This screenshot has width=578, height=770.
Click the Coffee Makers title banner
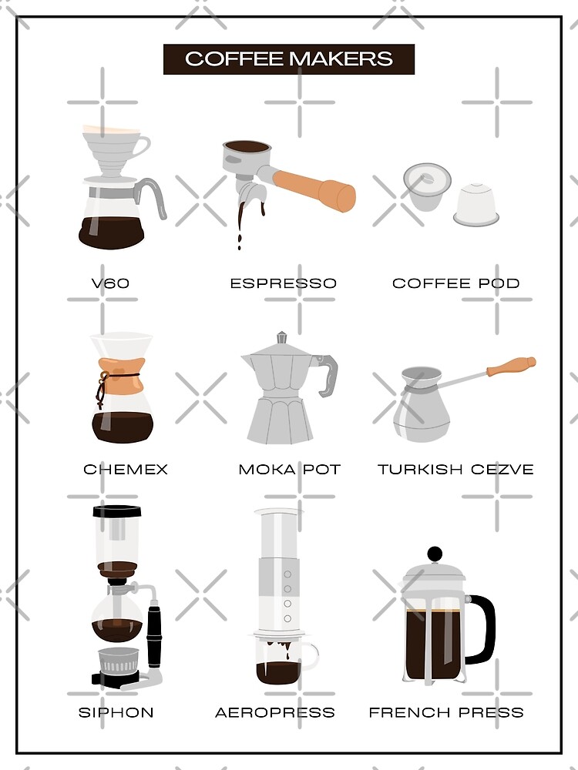289,59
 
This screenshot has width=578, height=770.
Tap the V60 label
110,283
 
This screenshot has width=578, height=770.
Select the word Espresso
284,283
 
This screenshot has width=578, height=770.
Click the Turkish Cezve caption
455,470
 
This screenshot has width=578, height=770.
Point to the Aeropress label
275,712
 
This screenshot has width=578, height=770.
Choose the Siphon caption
116,712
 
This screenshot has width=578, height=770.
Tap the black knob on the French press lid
435,554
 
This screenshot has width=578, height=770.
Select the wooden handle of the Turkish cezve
511,366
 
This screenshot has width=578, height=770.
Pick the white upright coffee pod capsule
476,205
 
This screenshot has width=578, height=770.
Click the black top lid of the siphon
117,511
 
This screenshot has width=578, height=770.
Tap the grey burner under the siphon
119,661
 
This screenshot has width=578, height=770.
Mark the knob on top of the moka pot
281,338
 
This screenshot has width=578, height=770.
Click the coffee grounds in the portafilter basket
247,147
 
